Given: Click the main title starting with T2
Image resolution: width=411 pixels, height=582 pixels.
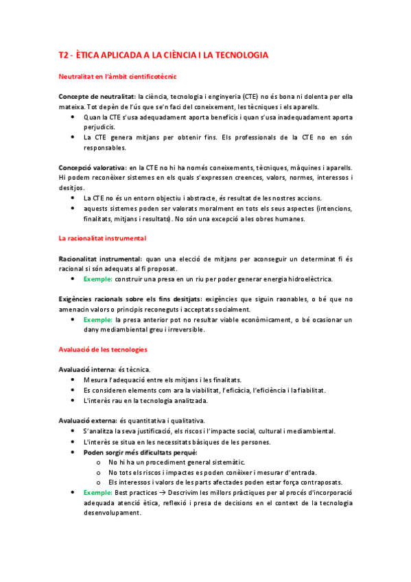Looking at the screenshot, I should click(163, 54).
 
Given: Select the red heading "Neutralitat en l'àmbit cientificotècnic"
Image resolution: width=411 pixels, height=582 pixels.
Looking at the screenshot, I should click(119, 76).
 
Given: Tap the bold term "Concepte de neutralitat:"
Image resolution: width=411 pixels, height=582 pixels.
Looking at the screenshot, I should click(97, 97).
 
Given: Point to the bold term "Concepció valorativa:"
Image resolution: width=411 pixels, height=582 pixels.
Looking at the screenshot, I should click(93, 167).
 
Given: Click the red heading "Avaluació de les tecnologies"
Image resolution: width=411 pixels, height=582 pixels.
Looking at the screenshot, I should click(103, 350).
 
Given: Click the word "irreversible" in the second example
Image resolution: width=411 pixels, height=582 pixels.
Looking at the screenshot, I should click(185, 329).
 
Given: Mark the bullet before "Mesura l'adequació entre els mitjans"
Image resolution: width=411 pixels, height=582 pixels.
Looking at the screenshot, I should click(73, 380).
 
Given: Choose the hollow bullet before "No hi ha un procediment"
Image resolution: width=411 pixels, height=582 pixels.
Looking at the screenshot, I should click(99, 463).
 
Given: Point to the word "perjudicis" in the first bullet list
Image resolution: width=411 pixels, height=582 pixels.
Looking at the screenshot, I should click(102, 127).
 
